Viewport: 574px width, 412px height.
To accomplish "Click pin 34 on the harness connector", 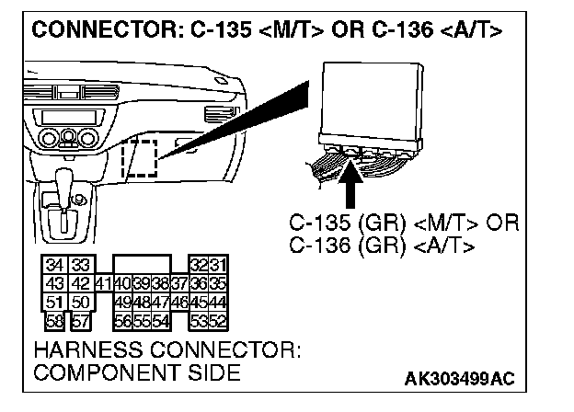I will [54, 265].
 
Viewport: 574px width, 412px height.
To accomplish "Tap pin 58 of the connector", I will [55, 319].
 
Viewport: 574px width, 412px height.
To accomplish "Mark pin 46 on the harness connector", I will [178, 302].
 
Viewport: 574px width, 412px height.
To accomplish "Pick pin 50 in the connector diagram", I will [79, 302].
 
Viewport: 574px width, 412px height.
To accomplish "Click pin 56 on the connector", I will [121, 319].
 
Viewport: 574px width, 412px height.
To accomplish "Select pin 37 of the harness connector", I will [178, 283].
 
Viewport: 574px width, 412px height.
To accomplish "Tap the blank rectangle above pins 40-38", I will [141, 265].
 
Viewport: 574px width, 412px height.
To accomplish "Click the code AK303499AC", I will [460, 380].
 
